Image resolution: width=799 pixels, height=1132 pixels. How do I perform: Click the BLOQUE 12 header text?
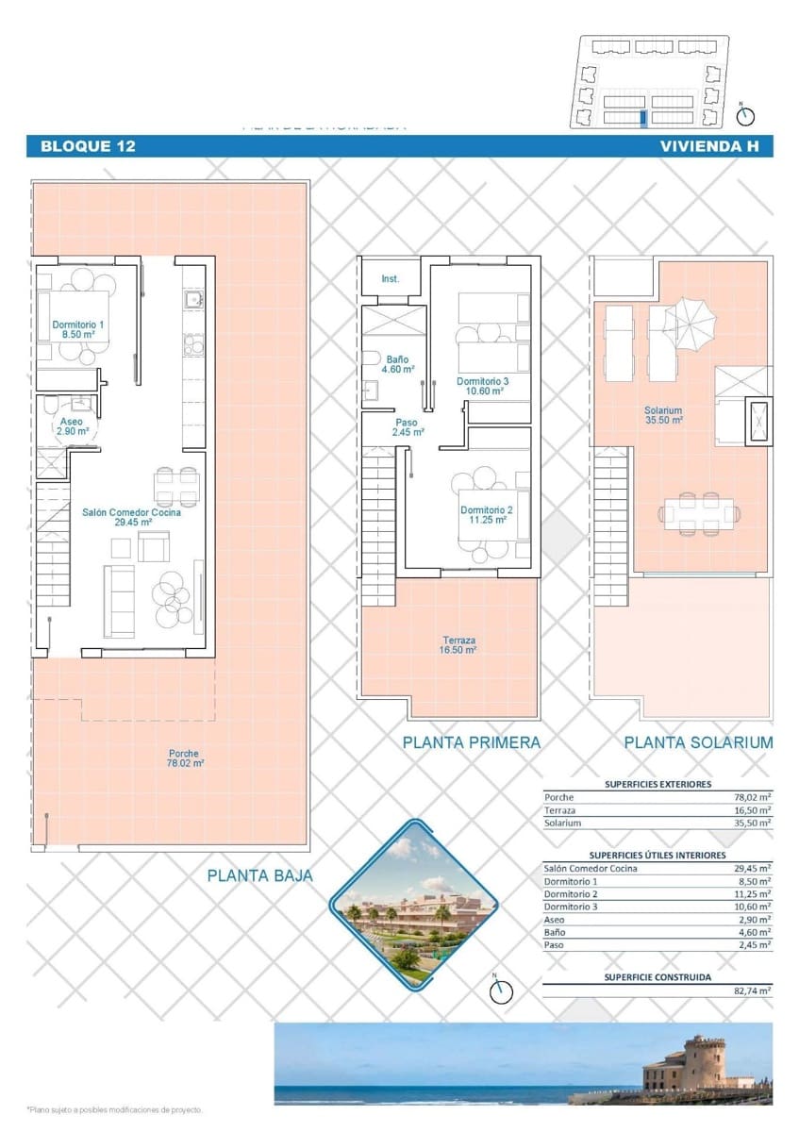click(x=88, y=146)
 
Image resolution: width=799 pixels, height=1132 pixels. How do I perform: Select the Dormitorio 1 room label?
click(x=78, y=328)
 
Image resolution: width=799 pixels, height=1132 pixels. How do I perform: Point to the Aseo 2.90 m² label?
click(x=72, y=425)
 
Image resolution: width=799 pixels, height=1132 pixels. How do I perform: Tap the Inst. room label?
click(x=391, y=279)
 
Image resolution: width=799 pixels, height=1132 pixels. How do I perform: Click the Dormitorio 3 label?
click(x=483, y=386)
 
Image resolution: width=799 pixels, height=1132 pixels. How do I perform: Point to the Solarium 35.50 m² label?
click(x=663, y=415)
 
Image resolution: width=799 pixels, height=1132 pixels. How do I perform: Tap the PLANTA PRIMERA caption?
click(x=472, y=742)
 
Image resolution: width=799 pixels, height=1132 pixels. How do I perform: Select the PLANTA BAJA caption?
click(x=260, y=875)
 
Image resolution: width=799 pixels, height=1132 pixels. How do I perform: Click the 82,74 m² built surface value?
click(x=752, y=991)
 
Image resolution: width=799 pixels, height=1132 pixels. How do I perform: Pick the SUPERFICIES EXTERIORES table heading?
click(x=658, y=784)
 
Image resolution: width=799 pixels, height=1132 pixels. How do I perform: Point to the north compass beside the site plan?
click(x=746, y=115)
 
